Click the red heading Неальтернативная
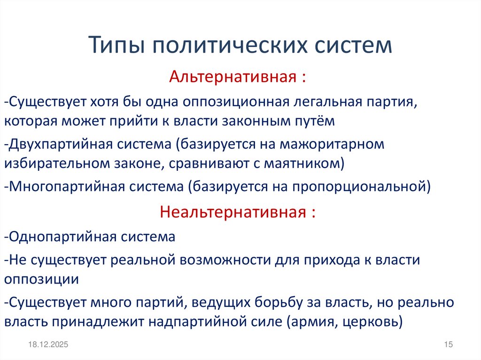tap(233, 212)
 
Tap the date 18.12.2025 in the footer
tap(47, 345)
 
